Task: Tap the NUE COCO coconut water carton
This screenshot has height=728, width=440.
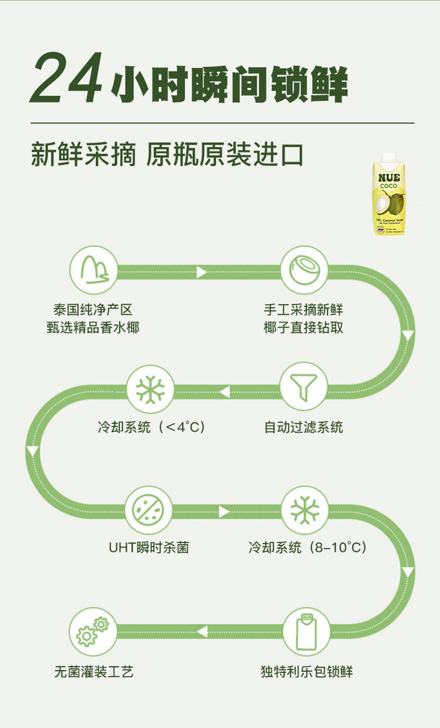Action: pyautogui.click(x=389, y=194)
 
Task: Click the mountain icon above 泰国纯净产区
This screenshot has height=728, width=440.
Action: pyautogui.click(x=93, y=269)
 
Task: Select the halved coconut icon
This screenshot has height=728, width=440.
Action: pyautogui.click(x=304, y=269)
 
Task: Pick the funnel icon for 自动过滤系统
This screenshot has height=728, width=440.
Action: pyautogui.click(x=304, y=386)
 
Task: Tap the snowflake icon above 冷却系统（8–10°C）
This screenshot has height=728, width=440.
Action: pyautogui.click(x=304, y=510)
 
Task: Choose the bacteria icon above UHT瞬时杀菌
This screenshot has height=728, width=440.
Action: pyautogui.click(x=148, y=510)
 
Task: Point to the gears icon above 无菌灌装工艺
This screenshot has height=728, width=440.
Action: pyautogui.click(x=93, y=632)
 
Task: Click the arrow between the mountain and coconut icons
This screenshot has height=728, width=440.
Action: pyautogui.click(x=202, y=272)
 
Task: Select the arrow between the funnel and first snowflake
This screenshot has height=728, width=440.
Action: pyautogui.click(x=224, y=392)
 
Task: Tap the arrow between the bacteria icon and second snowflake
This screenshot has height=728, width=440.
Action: pyautogui.click(x=224, y=512)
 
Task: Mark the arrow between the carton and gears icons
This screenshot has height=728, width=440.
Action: pyautogui.click(x=202, y=632)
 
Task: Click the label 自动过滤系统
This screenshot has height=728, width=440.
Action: pyautogui.click(x=304, y=427)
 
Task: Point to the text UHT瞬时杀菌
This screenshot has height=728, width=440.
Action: pyautogui.click(x=148, y=548)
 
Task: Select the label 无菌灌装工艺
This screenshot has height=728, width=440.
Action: pyautogui.click(x=93, y=671)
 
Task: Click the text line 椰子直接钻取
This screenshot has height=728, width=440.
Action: pyautogui.click(x=304, y=328)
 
